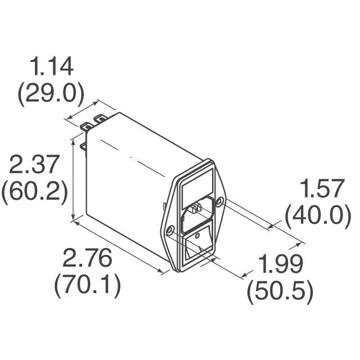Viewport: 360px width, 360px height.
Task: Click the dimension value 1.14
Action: click(x=52, y=67)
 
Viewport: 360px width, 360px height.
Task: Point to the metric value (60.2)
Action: click(x=34, y=193)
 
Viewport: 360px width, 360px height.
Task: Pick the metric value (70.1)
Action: click(x=88, y=286)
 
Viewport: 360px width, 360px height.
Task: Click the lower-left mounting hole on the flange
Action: click(x=169, y=229)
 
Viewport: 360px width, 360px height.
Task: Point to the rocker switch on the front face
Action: click(x=200, y=246)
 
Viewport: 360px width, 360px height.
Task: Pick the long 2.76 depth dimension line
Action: click(x=121, y=247)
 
